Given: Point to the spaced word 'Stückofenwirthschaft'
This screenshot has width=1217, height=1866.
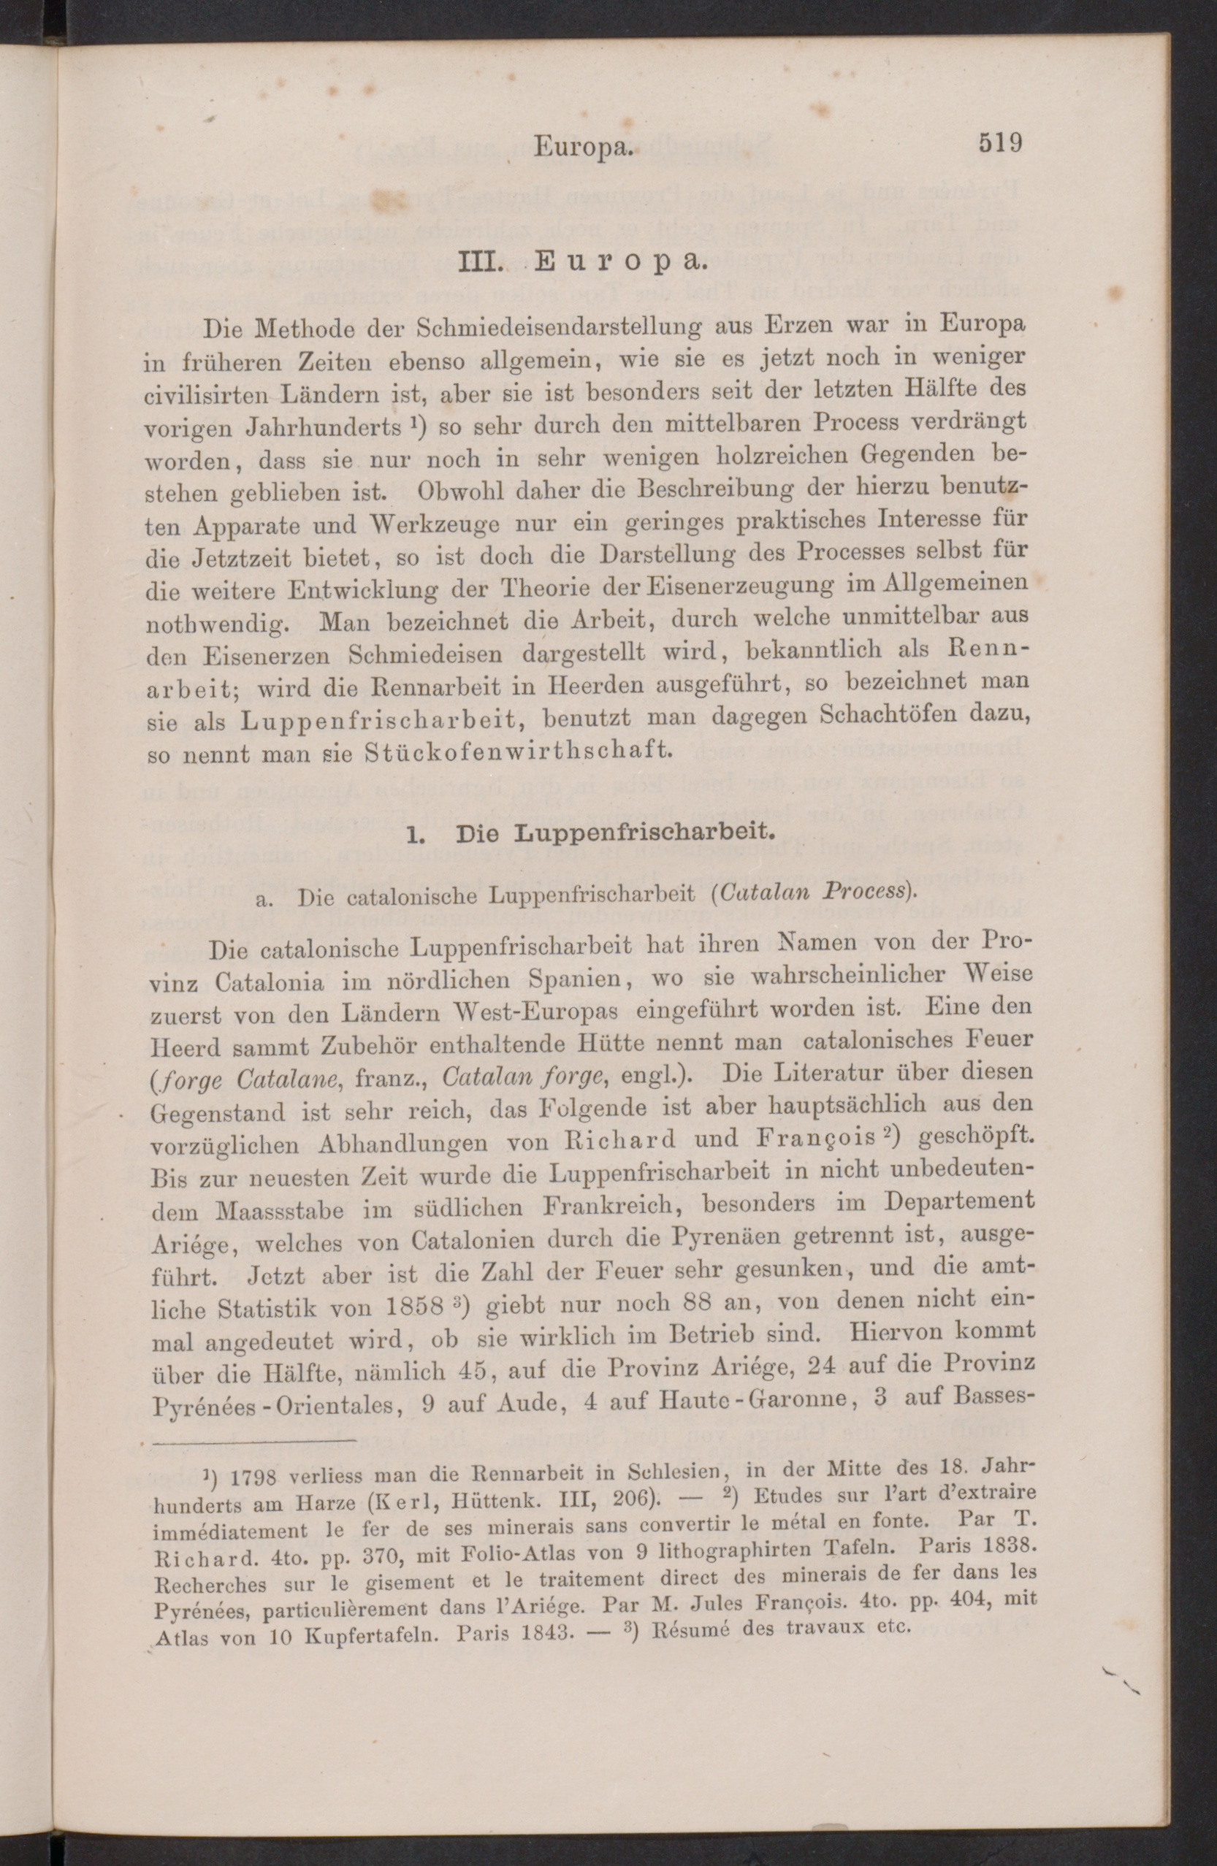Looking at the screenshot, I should pos(519,750).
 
